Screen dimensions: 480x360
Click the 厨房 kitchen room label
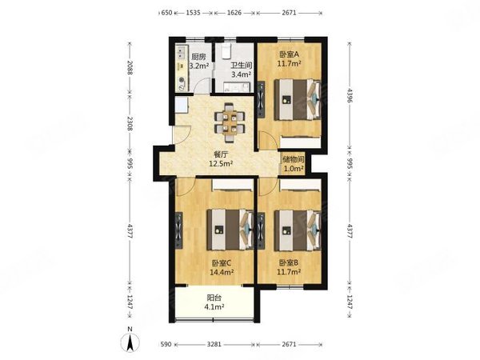click(x=198, y=57)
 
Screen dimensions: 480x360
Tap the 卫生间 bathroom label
click(x=242, y=66)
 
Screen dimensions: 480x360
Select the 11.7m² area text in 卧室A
click(x=289, y=64)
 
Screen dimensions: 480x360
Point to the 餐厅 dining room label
click(x=221, y=155)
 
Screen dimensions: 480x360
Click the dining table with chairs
click(x=230, y=122)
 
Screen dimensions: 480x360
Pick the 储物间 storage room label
click(x=294, y=159)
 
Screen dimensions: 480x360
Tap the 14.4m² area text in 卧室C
click(x=222, y=272)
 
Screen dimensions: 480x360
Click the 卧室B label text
click(x=289, y=262)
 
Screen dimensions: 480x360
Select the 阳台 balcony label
click(x=214, y=298)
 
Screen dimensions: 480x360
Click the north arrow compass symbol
click(x=130, y=340)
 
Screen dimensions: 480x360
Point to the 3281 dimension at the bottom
click(x=214, y=344)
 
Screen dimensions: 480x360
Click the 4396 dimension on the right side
click(x=350, y=96)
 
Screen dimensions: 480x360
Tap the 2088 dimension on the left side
click(x=130, y=68)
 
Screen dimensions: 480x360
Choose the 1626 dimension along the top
click(x=234, y=13)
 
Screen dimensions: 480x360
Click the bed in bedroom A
click(x=298, y=99)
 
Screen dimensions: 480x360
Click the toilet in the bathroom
click(x=226, y=51)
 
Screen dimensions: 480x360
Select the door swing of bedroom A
click(x=266, y=140)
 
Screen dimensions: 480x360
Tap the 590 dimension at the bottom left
click(x=166, y=344)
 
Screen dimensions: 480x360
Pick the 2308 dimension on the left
click(x=130, y=123)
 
